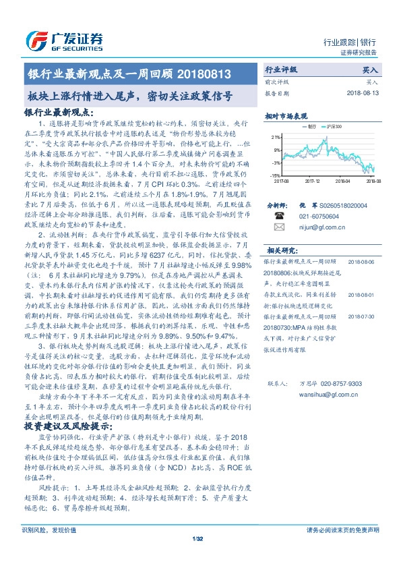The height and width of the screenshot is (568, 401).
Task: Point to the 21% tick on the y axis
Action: coord(278,136)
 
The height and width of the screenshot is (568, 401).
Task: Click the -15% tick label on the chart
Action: coord(277,175)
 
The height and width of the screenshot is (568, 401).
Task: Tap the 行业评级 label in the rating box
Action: coord(280,69)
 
